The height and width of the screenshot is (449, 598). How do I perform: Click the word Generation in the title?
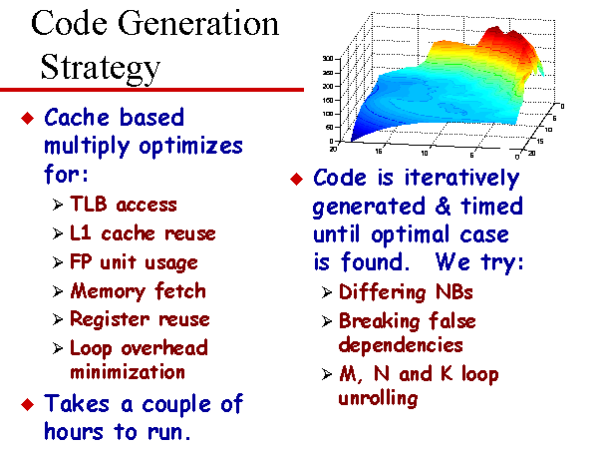(198, 24)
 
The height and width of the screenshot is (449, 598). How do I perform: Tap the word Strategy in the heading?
(101, 68)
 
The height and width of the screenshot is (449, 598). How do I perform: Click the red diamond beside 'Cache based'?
(28, 118)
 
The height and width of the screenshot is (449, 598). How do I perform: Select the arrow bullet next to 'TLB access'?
(57, 205)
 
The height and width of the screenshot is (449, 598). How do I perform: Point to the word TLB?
(88, 204)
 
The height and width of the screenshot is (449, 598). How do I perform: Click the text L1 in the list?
(80, 232)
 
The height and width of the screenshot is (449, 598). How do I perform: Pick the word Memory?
(108, 291)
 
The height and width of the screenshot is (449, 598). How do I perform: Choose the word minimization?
(128, 372)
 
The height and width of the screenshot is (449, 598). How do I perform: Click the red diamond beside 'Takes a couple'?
(28, 404)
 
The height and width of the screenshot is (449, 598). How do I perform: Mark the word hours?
(74, 432)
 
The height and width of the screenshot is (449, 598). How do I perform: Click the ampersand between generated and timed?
(443, 207)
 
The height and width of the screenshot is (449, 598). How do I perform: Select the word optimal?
(412, 235)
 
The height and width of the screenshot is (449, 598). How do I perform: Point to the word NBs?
(453, 292)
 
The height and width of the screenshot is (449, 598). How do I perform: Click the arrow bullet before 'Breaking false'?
(326, 321)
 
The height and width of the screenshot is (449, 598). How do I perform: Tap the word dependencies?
(401, 345)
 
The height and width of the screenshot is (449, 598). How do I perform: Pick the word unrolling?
(378, 398)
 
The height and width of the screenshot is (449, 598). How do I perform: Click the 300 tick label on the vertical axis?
(328, 59)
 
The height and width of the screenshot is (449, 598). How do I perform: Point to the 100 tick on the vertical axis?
(328, 114)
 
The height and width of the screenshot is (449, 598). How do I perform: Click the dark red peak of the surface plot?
(495, 31)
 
